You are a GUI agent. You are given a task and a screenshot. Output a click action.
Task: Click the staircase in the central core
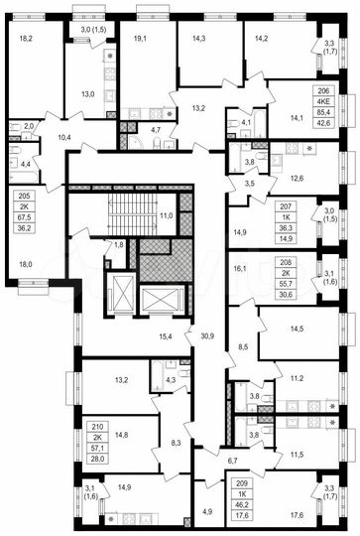coord(125,208)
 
